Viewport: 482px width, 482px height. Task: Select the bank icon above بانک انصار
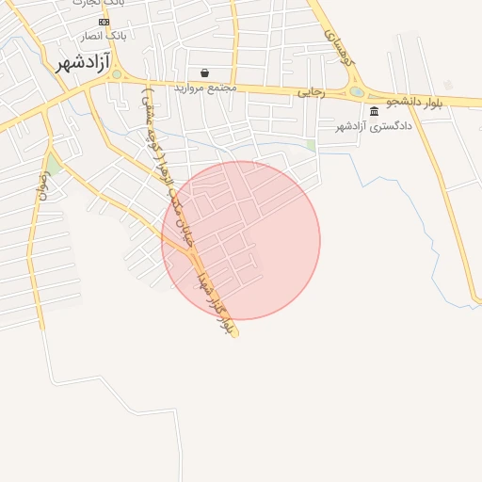click(x=104, y=22)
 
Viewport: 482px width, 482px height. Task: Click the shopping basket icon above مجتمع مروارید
click(x=205, y=72)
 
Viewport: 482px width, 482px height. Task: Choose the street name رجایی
click(x=312, y=92)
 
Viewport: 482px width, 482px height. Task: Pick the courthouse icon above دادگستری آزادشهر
click(x=374, y=111)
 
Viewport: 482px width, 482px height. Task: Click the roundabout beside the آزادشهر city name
click(x=117, y=73)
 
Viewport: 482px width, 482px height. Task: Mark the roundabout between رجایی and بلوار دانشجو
click(x=357, y=92)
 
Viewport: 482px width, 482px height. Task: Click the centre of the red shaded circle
click(x=241, y=240)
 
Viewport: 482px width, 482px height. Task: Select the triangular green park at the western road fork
click(x=53, y=166)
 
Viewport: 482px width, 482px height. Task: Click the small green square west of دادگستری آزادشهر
click(x=311, y=145)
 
